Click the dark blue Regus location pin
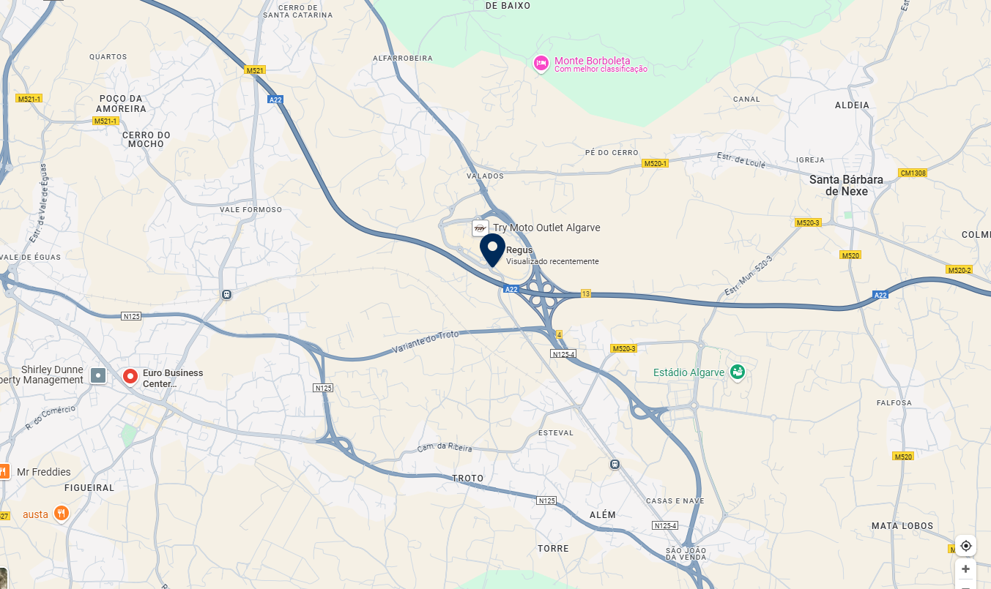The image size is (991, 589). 492,250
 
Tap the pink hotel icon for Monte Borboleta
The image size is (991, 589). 541,64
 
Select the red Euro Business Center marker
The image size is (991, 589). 130,376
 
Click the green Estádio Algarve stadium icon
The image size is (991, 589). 737,372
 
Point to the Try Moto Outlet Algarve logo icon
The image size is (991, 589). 480,228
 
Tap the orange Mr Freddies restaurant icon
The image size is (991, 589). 4,471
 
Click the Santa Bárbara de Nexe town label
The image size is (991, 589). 845,185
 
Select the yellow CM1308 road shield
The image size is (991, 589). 913,173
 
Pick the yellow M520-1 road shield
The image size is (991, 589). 656,163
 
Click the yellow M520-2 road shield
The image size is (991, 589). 959,270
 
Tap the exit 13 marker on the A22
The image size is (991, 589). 585,293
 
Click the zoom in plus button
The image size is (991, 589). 965,569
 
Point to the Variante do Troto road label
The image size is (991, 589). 426,341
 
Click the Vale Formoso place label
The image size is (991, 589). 250,210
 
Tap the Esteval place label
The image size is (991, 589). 555,432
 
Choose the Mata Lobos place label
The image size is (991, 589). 902,526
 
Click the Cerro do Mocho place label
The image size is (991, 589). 146,139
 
